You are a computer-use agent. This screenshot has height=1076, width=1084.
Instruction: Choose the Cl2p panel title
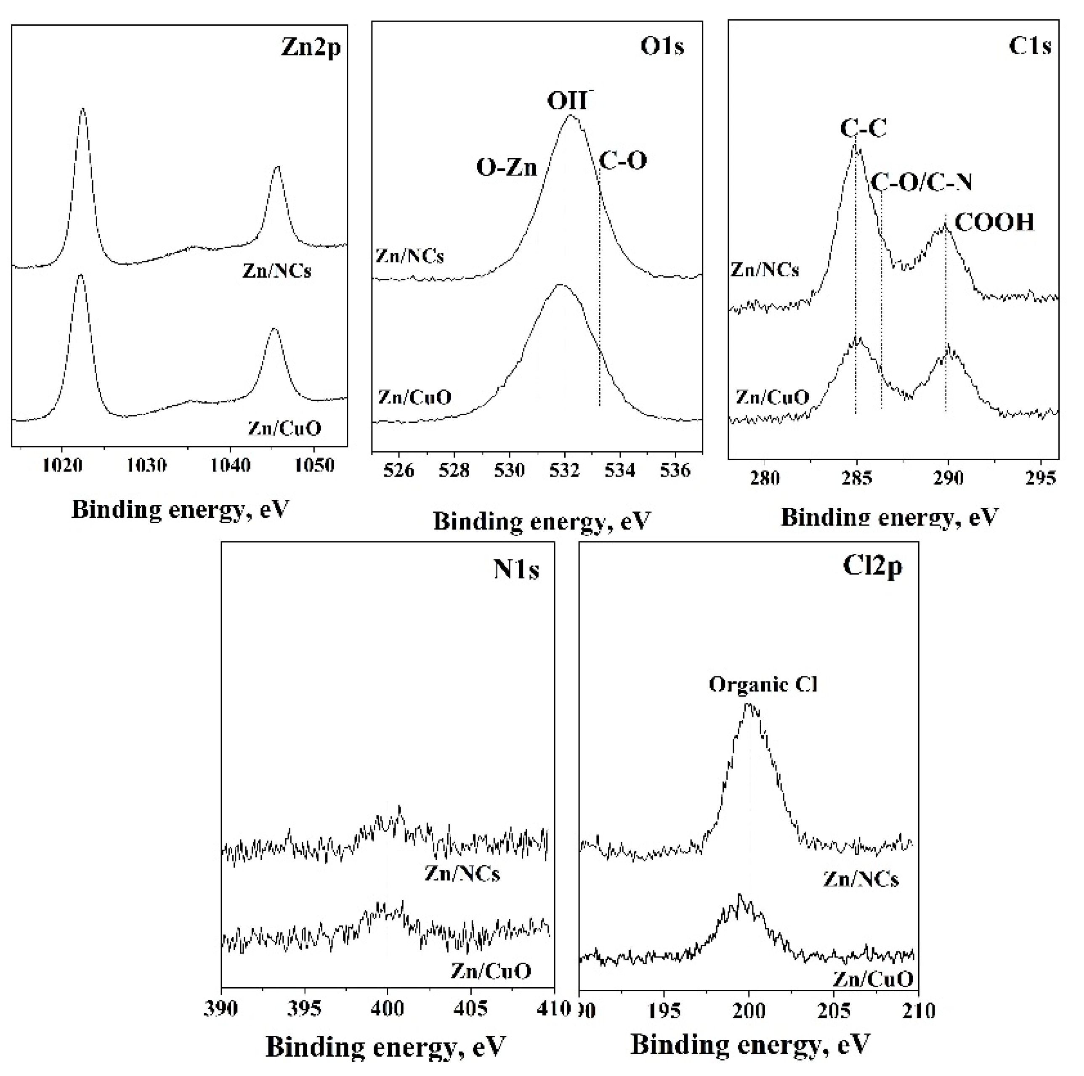click(x=872, y=567)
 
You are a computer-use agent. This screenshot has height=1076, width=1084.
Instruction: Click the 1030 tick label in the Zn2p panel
click(x=146, y=466)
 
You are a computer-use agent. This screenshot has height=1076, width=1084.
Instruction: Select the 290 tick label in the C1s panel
click(x=948, y=478)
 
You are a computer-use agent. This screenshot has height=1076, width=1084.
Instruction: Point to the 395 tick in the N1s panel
click(x=305, y=1008)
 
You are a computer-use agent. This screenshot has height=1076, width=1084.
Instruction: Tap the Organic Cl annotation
click(x=763, y=684)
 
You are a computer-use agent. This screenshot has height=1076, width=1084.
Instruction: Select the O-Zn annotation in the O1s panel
click(x=507, y=167)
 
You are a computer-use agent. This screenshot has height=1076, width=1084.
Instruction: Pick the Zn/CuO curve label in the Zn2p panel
click(x=284, y=428)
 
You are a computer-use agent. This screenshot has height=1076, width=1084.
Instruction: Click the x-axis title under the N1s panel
click(x=385, y=1047)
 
